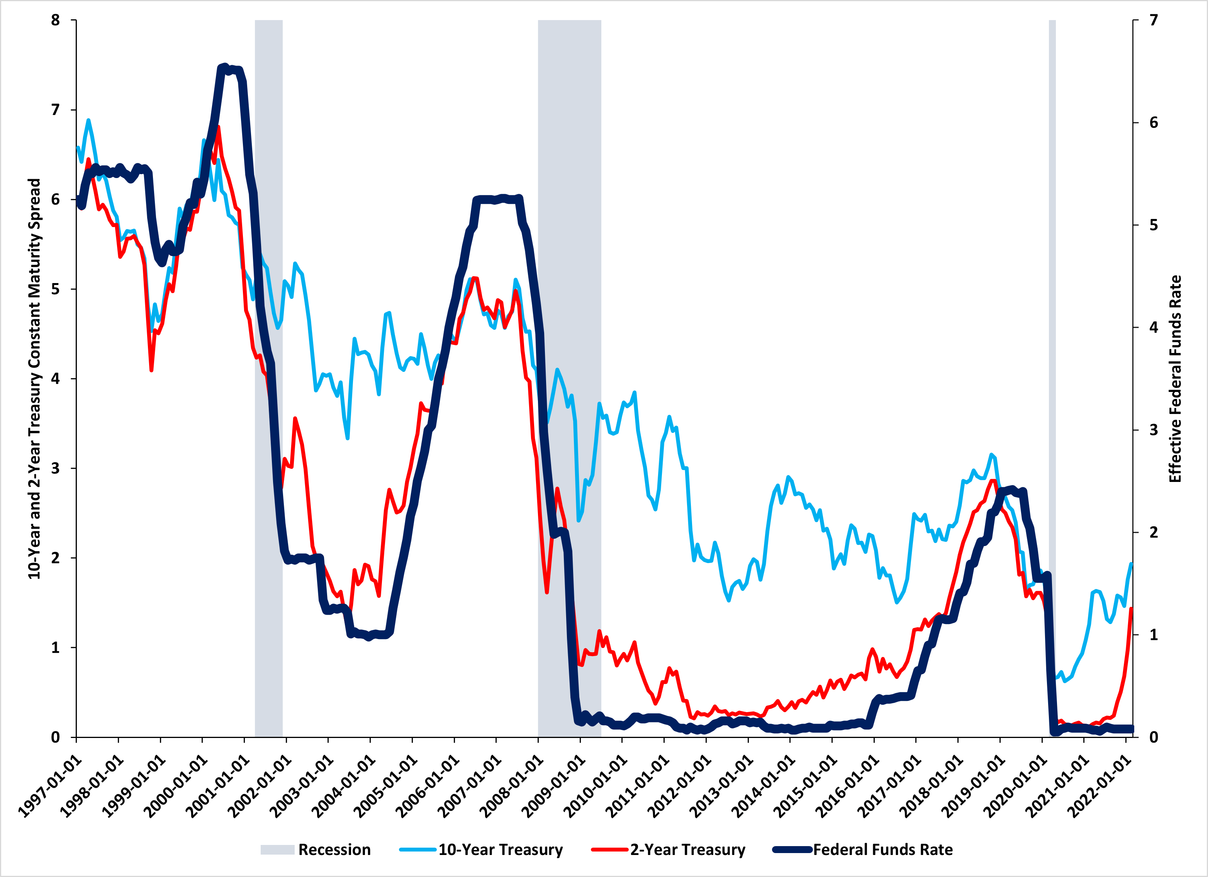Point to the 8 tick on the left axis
tap(55, 20)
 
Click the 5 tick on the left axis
tap(55, 289)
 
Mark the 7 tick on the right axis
tap(1154, 20)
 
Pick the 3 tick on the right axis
tap(1154, 430)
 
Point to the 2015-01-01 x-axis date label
tap(806, 785)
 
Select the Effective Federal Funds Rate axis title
tap(1175, 378)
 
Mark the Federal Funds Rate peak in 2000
tap(224, 66)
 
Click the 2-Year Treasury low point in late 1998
tap(152, 370)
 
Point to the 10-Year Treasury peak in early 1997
tap(88, 120)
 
